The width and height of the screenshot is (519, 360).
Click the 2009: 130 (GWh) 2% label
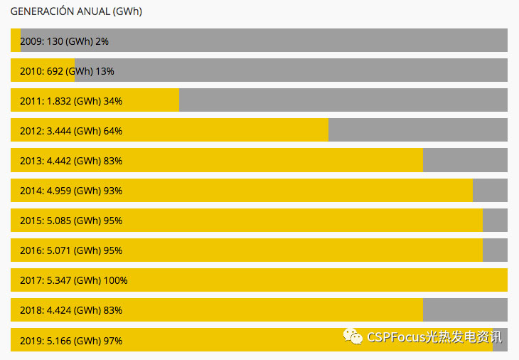[64, 41]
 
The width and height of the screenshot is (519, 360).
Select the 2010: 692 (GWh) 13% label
[67, 71]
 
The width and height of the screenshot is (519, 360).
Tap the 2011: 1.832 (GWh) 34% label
[71, 101]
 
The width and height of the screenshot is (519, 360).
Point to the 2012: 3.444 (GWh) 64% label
[71, 131]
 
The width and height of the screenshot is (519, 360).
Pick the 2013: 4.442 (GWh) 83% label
[71, 161]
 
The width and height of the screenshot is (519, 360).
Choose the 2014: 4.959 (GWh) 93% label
[71, 191]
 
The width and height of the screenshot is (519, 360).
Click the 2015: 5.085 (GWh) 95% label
[71, 221]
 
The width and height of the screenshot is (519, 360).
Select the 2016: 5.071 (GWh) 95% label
[71, 250]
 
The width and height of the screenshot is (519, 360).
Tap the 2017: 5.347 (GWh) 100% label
[74, 280]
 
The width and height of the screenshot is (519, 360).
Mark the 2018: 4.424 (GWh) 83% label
[71, 310]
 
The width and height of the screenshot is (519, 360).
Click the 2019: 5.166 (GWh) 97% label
[71, 340]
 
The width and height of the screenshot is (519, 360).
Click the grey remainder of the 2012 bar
[418, 131]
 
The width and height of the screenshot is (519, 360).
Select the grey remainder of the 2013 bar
[465, 161]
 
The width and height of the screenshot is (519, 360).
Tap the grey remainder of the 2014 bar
[490, 191]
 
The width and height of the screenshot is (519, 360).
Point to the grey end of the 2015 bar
[495, 221]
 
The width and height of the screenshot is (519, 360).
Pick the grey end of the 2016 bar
[495, 250]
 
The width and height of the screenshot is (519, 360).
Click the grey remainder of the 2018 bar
[465, 310]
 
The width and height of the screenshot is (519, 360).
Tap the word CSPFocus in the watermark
[395, 337]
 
